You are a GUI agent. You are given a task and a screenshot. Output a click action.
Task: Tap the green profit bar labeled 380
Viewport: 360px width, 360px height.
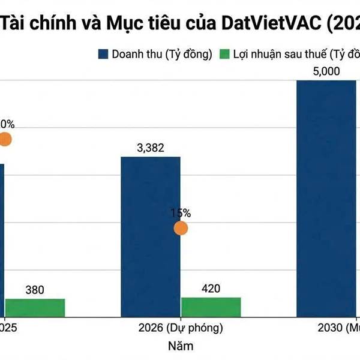(x=35, y=307)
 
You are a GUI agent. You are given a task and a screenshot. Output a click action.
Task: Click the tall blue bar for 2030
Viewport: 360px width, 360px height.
(x=326, y=198)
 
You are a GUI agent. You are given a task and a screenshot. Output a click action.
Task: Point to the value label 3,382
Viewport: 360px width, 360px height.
(x=151, y=148)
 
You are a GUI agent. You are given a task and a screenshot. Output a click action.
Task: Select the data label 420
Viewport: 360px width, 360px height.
(x=211, y=289)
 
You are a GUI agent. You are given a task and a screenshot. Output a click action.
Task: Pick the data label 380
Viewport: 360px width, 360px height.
(x=35, y=290)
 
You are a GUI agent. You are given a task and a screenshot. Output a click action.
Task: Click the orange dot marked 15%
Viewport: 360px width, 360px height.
(x=181, y=228)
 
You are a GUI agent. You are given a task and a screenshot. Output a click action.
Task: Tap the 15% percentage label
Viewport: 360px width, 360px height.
(x=180, y=212)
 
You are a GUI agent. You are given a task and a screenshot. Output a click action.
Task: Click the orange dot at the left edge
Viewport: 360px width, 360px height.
(x=4, y=140)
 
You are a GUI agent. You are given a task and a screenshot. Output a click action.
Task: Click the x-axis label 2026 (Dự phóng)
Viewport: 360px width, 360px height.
(x=180, y=328)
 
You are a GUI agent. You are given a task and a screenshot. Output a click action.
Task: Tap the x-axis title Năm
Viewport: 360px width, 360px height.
(x=181, y=346)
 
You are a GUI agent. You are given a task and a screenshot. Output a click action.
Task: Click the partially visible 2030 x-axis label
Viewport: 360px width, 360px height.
(x=338, y=328)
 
